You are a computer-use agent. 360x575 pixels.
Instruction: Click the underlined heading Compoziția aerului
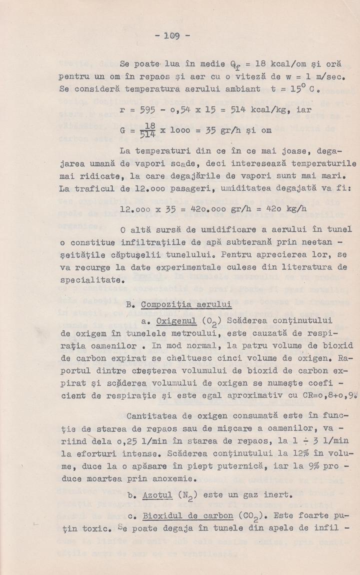point(186,304)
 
